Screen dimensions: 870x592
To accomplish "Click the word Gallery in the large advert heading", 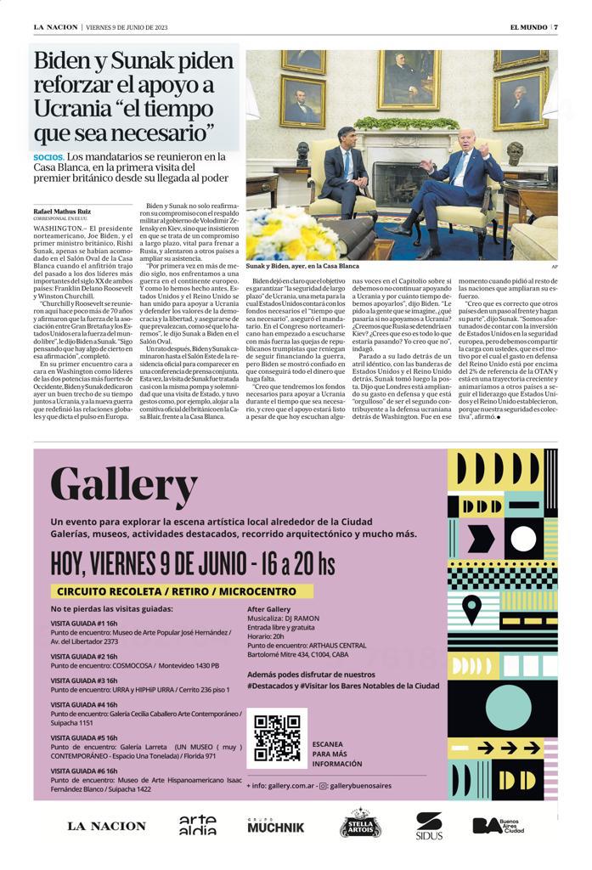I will (123, 486).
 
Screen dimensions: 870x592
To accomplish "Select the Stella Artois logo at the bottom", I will (360, 824).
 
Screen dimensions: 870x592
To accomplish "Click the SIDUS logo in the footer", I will (429, 825).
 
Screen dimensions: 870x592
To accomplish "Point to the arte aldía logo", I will (197, 825).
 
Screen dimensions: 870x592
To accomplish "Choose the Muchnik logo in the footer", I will (274, 825).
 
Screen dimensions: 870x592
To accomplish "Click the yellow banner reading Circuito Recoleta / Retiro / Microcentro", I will (177, 591).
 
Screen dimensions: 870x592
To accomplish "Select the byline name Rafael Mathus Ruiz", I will (63, 211).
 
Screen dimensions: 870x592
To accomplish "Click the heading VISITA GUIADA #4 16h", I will (84, 704).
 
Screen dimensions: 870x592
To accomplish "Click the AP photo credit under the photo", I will (554, 267).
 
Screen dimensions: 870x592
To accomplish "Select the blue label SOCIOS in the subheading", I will (48, 158).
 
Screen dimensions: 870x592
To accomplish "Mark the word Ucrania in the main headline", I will (75, 109).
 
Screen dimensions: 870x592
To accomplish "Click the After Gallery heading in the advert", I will (268, 610).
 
